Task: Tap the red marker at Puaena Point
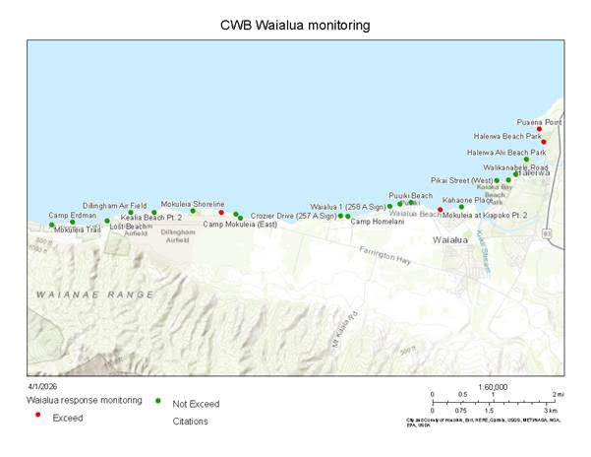click(539, 129)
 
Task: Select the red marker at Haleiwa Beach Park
click(544, 143)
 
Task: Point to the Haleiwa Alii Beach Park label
click(506, 153)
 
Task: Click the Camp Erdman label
click(72, 215)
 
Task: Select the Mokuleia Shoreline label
click(193, 203)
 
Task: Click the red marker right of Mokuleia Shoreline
click(221, 212)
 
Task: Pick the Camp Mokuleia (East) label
click(239, 225)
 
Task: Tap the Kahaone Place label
click(467, 200)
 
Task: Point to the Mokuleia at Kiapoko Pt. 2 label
click(485, 214)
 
